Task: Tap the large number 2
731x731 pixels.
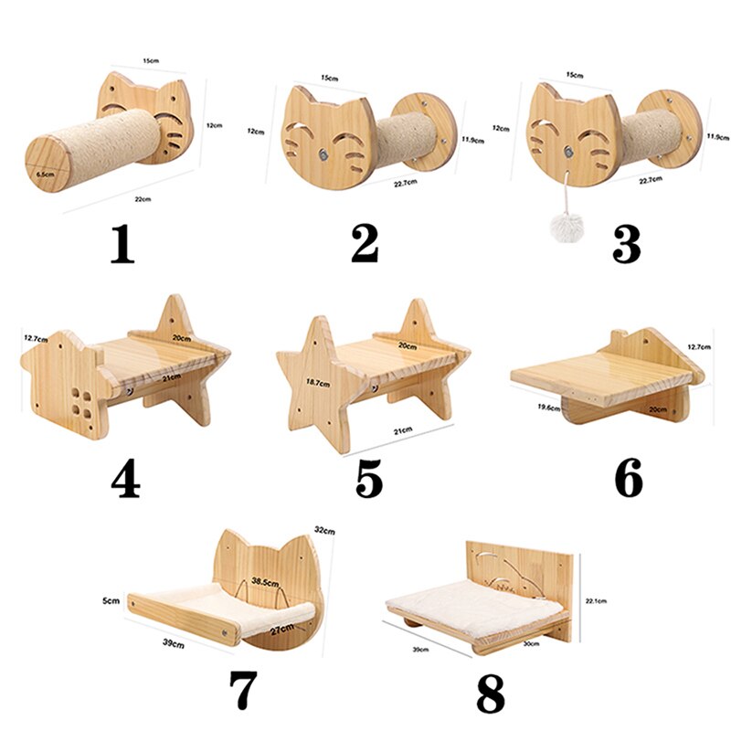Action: tap(365, 241)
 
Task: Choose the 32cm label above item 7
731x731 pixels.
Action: tap(324, 529)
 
